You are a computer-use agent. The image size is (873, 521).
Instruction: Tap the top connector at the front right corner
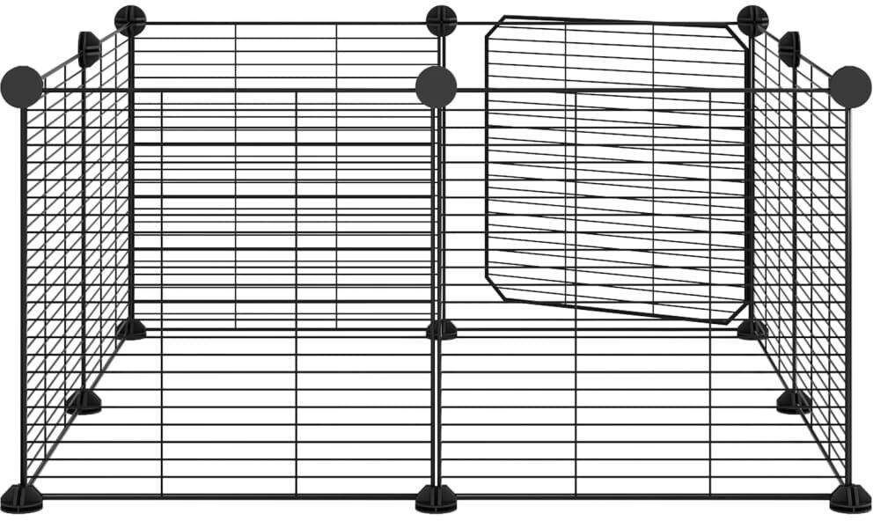click(849, 86)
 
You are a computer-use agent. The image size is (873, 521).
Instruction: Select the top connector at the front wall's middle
click(436, 86)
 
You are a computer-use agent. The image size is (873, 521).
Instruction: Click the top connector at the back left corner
click(130, 20)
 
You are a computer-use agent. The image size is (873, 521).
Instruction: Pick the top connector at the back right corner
click(752, 20)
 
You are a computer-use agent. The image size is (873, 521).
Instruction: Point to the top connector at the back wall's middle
click(441, 20)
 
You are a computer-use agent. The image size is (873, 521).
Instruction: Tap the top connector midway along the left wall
click(89, 48)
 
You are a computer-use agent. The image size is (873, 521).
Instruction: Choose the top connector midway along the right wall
click(790, 48)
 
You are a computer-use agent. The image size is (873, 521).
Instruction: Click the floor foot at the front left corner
click(21, 498)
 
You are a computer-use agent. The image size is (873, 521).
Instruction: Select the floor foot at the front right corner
click(850, 498)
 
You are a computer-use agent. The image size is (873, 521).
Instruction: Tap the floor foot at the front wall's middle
click(436, 498)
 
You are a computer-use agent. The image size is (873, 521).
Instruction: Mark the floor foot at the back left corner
click(131, 330)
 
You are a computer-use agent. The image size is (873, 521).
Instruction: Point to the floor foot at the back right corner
click(752, 330)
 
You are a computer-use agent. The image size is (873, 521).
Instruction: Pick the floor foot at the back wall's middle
click(442, 330)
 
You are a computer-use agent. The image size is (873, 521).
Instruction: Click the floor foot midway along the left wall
click(84, 402)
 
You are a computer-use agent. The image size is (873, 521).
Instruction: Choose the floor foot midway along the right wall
click(794, 402)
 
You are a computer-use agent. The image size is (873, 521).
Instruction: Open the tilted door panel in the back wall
click(616, 167)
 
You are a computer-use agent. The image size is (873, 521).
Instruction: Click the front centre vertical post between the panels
click(436, 290)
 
